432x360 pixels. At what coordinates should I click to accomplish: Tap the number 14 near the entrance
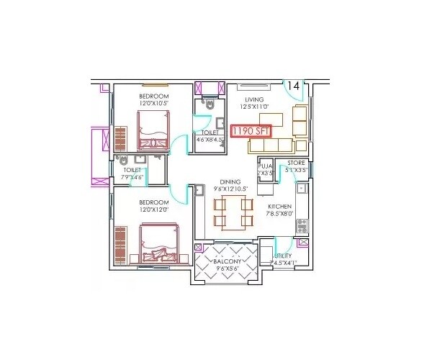click(292, 86)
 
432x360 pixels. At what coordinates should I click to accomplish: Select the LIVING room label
click(254, 99)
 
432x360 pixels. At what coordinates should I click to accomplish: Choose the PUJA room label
click(264, 165)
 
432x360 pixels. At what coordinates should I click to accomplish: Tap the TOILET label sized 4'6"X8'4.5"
click(210, 133)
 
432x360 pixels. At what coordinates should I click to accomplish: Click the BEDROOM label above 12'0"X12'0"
click(154, 202)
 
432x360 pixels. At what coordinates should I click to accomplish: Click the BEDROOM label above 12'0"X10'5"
click(154, 96)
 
